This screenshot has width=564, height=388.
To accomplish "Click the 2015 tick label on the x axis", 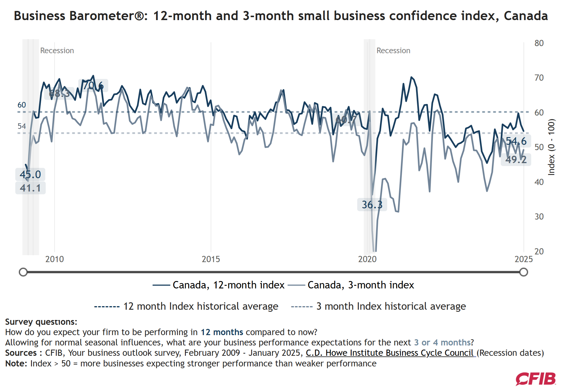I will pyautogui.click(x=211, y=259).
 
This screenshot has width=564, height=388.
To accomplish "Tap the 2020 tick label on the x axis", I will pyautogui.click(x=367, y=259).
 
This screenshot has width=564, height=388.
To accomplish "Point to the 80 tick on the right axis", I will pyautogui.click(x=539, y=43).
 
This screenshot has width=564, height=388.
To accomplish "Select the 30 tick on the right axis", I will pyautogui.click(x=539, y=217).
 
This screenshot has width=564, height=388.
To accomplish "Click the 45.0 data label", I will pyautogui.click(x=30, y=174).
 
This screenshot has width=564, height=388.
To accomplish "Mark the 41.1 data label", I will pyautogui.click(x=30, y=188).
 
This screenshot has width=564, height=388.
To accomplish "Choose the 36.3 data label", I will pyautogui.click(x=372, y=204).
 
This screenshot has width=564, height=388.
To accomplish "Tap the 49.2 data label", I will pyautogui.click(x=516, y=160).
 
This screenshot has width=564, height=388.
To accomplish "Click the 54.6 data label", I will pyautogui.click(x=516, y=141).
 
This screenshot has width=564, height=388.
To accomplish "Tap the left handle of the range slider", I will pyautogui.click(x=23, y=272).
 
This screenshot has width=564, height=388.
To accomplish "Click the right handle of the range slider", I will pyautogui.click(x=524, y=272).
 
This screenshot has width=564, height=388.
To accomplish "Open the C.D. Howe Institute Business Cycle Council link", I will pyautogui.click(x=390, y=353).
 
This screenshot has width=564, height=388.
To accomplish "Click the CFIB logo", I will pyautogui.click(x=536, y=379).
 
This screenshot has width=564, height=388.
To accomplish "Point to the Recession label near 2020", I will pyautogui.click(x=393, y=51).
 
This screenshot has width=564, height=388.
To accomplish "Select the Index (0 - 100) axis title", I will pyautogui.click(x=551, y=147).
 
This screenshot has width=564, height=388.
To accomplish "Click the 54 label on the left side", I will pyautogui.click(x=22, y=126).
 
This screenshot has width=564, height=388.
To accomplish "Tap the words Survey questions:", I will pyautogui.click(x=41, y=322).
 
